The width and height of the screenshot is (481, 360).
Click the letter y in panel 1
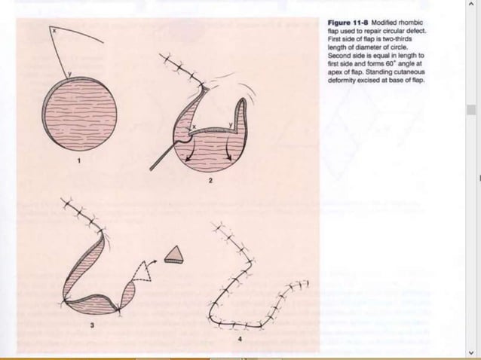coord(71,75)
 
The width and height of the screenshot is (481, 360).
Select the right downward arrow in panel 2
coord(226,154)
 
